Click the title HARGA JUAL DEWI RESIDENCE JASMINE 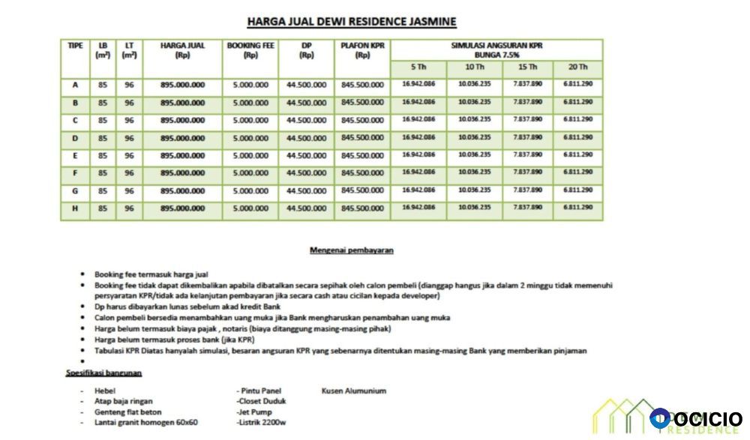352,22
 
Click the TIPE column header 75,46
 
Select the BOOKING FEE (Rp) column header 250,50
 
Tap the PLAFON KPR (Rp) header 362,50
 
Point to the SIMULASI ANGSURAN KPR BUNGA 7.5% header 496,50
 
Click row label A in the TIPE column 75,85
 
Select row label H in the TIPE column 75,208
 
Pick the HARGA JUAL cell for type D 182,138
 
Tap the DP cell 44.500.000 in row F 306,173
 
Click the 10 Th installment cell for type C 474,120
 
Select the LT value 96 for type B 129,103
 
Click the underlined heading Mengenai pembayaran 352,250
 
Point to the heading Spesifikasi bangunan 103,373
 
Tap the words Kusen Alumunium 354,391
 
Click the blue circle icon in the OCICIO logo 660,418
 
